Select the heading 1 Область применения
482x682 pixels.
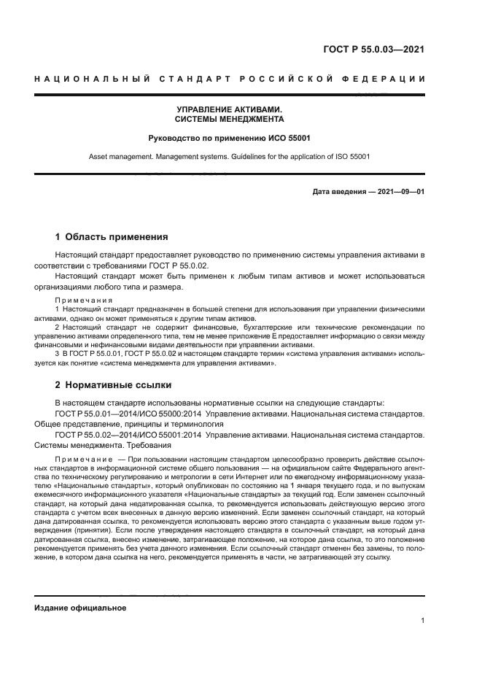pos(112,236)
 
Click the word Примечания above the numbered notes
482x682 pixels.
pos(83,301)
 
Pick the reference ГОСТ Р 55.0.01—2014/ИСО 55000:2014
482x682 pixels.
pos(128,414)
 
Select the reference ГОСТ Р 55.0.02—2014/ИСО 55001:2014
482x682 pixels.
pos(128,435)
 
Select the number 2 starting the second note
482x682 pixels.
pos(58,328)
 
